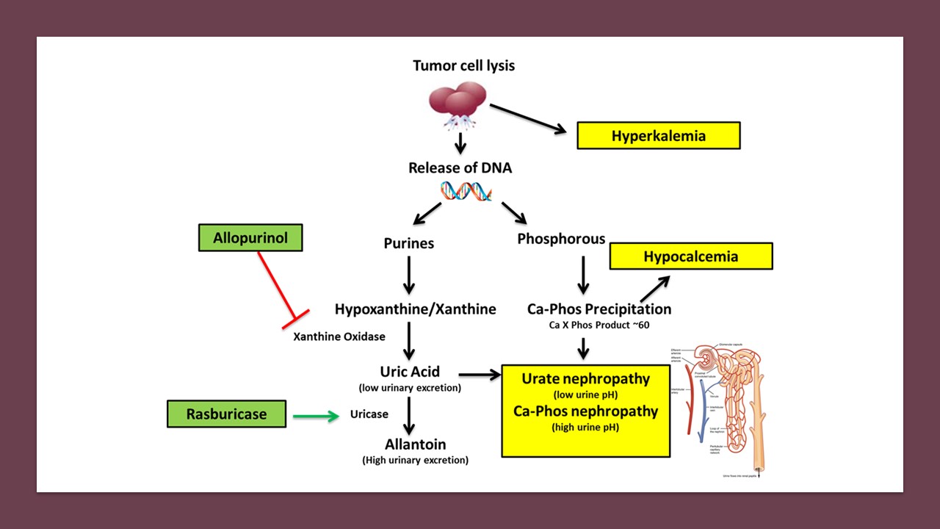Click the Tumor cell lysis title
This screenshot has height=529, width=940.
coord(463,65)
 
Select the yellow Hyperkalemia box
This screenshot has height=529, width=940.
coord(658,136)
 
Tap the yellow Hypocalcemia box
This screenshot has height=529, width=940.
coord(690,256)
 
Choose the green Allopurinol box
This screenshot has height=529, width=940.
coord(250,239)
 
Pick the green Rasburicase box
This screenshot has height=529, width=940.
coord(225,414)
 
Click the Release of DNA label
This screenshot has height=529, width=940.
coord(460,168)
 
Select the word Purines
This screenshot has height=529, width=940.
coord(409,242)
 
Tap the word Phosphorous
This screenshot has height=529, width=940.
coord(561,239)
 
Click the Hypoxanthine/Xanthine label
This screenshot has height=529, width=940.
coord(415,309)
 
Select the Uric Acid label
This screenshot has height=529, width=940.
coord(410,372)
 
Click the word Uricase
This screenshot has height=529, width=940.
coord(369,414)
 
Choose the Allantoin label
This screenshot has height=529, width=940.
coord(415,445)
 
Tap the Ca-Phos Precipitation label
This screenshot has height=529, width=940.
coord(599,309)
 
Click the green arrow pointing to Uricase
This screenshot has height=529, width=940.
coord(316,417)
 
